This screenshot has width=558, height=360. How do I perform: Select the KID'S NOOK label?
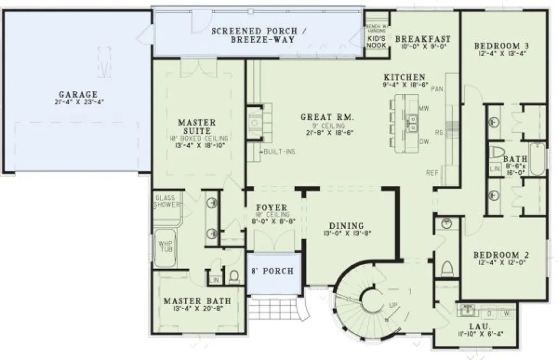[376, 42]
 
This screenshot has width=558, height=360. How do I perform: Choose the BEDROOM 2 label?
[501, 255]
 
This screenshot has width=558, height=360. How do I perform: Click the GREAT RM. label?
[328, 117]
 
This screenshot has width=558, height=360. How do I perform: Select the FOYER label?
[272, 208]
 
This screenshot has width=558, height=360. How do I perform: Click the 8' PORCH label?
[272, 271]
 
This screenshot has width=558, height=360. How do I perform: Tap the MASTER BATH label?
[197, 301]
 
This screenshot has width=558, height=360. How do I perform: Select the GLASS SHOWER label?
[166, 201]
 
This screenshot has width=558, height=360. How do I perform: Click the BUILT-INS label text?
[280, 152]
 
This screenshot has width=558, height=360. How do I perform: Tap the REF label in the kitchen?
[432, 173]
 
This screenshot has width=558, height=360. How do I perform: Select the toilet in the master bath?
[234, 278]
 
